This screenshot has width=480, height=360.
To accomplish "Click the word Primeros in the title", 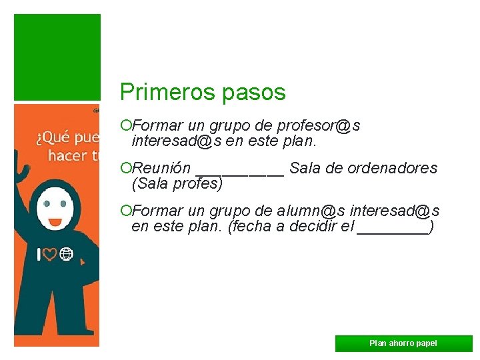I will (x=157, y=92).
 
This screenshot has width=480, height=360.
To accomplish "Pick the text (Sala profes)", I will (x=177, y=183).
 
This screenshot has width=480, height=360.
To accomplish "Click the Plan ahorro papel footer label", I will (x=403, y=343).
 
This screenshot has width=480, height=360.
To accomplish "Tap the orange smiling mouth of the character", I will (x=55, y=221).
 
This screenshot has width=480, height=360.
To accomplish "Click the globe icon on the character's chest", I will (x=66, y=253).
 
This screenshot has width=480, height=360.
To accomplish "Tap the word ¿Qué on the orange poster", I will (x=51, y=139).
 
